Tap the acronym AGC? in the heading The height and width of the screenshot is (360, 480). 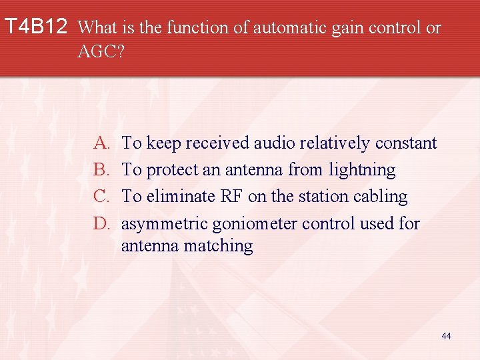[x=101, y=52]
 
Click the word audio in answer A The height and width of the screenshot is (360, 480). [x=276, y=143]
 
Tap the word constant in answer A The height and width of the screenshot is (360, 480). [x=406, y=143]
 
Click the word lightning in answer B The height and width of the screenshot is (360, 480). [x=362, y=170]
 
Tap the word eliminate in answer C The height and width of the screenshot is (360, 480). [x=179, y=197]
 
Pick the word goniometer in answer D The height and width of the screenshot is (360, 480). [x=257, y=223]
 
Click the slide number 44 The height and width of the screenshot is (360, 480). [x=446, y=336]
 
